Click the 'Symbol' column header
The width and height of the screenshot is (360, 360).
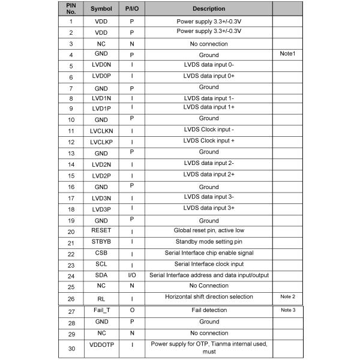[101, 9]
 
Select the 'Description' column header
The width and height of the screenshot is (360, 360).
[209, 9]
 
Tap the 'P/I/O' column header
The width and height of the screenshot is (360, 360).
[131, 9]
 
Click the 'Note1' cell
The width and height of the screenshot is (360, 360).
[287, 54]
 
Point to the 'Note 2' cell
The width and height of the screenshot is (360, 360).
[287, 297]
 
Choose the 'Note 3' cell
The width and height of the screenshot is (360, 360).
[287, 310]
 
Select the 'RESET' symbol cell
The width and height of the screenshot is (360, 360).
[101, 230]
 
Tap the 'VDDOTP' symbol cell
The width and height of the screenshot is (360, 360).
[101, 347]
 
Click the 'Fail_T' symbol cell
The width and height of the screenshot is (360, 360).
[101, 310]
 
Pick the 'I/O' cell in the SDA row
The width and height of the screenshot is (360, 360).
[131, 275]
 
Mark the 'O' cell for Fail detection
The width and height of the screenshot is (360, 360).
[131, 310]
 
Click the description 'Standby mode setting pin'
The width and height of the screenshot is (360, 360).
[209, 242]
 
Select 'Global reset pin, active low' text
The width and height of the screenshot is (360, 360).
[209, 230]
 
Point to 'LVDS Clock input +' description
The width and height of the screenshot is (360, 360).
[209, 140]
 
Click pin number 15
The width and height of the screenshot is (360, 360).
[71, 176]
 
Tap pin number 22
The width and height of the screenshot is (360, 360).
[71, 254]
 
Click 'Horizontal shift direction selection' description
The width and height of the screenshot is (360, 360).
[209, 296]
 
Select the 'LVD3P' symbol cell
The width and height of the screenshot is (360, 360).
[101, 209]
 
